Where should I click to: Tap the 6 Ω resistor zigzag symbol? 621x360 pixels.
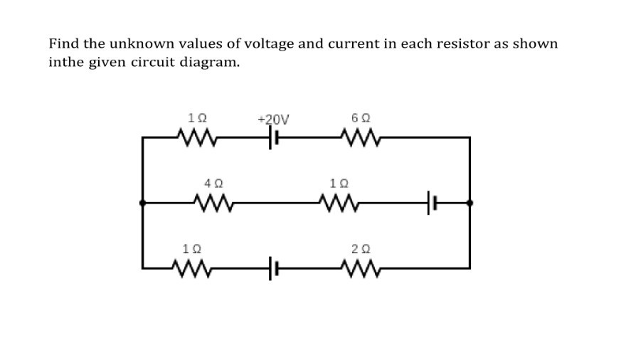pos(361,137)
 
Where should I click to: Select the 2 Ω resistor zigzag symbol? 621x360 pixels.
pos(361,268)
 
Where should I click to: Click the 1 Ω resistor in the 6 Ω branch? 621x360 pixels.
pos(192,137)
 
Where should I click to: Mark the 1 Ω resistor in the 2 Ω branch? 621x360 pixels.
pos(192,268)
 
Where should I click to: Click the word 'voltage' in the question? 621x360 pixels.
pos(267,44)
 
